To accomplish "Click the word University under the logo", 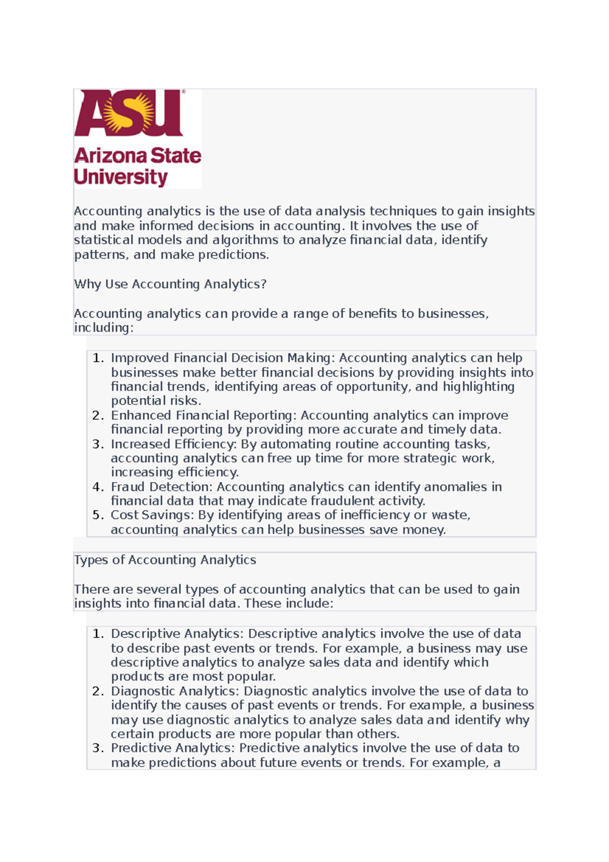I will click(121, 177).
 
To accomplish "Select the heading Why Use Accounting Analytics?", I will click(170, 284).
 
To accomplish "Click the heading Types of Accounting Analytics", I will click(165, 560).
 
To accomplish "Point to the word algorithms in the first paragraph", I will click(245, 240).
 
